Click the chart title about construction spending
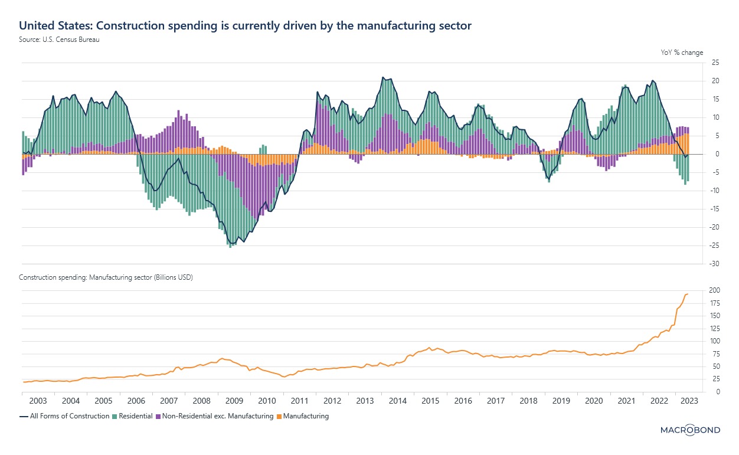(x=245, y=26)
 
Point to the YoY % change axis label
(x=682, y=53)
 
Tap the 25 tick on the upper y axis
(x=714, y=63)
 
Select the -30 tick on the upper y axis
(x=714, y=264)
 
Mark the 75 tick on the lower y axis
(x=714, y=354)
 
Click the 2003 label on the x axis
(x=38, y=401)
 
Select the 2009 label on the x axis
(x=234, y=401)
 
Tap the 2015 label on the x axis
(x=430, y=401)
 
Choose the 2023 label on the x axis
(x=690, y=401)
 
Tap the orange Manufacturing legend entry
(x=305, y=416)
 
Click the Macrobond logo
(x=689, y=430)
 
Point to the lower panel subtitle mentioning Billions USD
(x=106, y=277)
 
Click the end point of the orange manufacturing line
(x=688, y=294)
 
